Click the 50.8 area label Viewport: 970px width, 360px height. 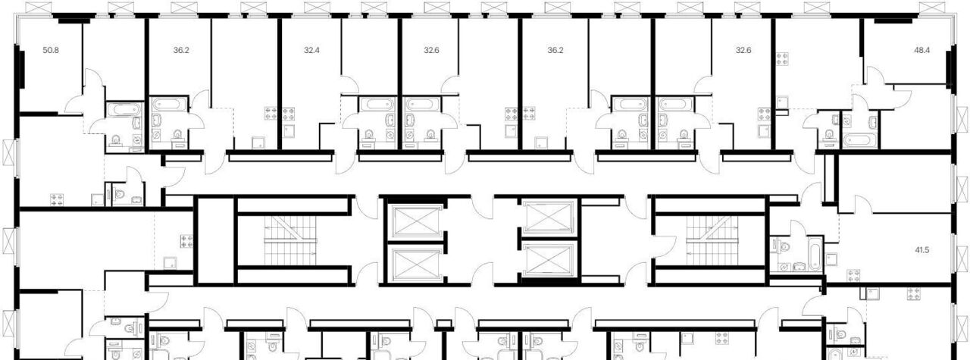[x=51, y=50]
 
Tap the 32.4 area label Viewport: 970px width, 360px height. [x=311, y=50]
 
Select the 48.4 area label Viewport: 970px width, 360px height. [x=922, y=50]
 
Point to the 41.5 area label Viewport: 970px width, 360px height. [x=922, y=250]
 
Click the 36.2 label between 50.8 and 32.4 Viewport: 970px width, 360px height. [x=181, y=50]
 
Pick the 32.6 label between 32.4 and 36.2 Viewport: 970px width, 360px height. [x=431, y=50]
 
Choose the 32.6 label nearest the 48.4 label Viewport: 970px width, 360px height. [x=743, y=50]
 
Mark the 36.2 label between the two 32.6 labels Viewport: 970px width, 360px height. [x=555, y=50]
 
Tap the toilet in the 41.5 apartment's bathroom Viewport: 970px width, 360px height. [x=783, y=247]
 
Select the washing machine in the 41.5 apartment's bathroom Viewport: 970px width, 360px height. [x=784, y=268]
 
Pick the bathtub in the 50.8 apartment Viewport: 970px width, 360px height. [x=124, y=109]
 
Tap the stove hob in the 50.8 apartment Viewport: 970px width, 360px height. [x=57, y=200]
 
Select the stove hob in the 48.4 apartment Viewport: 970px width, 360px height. [x=782, y=59]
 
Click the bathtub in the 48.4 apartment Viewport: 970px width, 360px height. [x=860, y=140]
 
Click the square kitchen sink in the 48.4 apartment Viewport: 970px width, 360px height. [x=782, y=102]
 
